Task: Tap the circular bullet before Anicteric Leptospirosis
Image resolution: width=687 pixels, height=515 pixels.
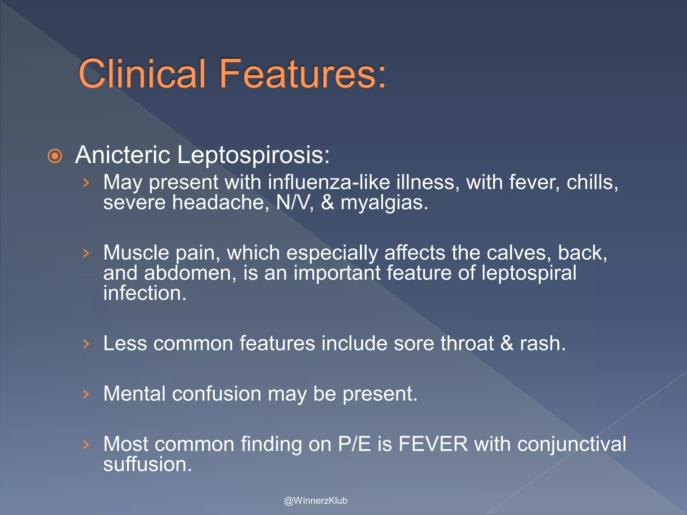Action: tap(55, 156)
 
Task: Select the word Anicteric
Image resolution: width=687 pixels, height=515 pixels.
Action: tap(123, 155)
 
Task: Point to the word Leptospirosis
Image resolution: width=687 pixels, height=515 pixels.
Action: tap(253, 156)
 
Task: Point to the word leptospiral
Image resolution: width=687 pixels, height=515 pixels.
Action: tap(529, 274)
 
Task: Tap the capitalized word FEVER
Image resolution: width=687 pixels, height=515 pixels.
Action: tap(433, 444)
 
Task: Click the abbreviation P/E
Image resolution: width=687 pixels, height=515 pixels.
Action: tap(354, 444)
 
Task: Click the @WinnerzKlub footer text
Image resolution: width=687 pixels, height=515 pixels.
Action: tap(315, 501)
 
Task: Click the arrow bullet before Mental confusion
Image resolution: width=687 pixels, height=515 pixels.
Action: tap(86, 394)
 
